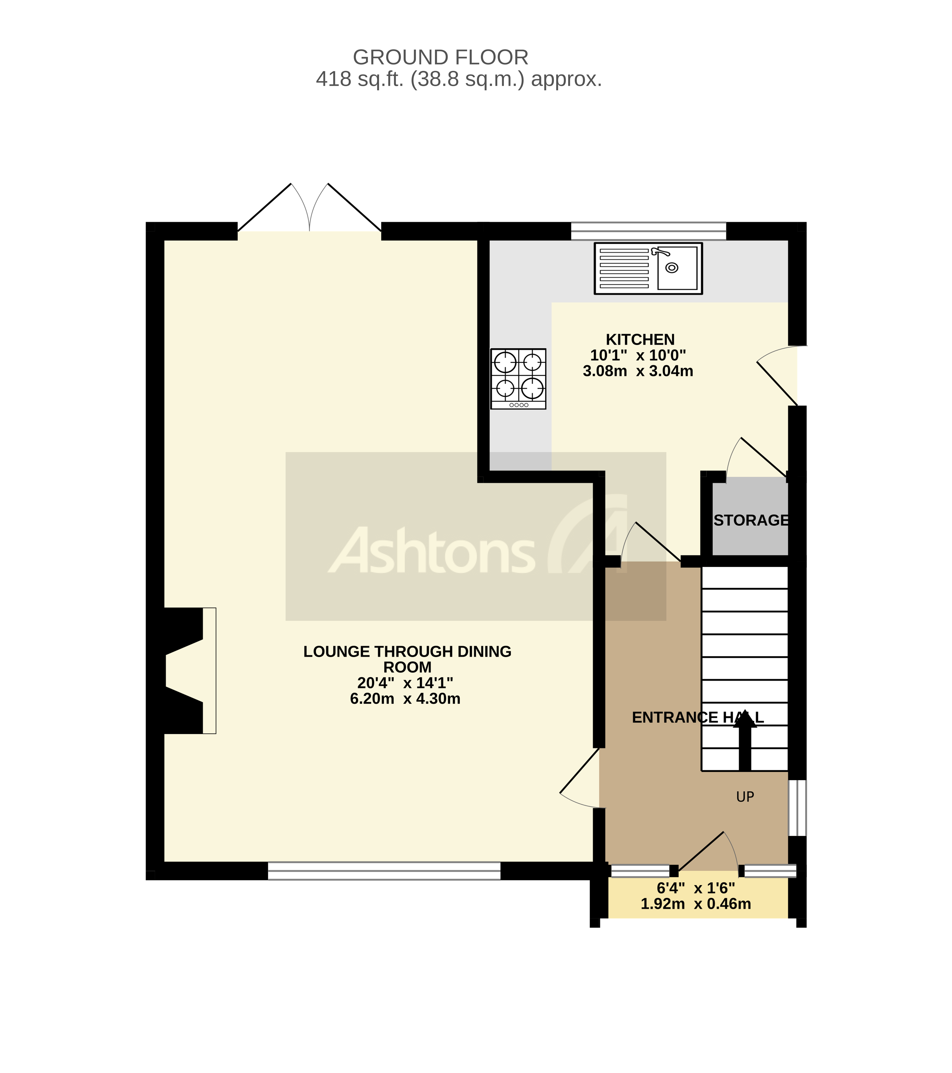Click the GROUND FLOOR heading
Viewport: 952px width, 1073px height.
(x=440, y=57)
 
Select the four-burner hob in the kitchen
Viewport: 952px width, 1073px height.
(x=518, y=378)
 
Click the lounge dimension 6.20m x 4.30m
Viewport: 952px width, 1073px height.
(x=405, y=699)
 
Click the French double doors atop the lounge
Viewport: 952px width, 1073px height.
(x=309, y=210)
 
